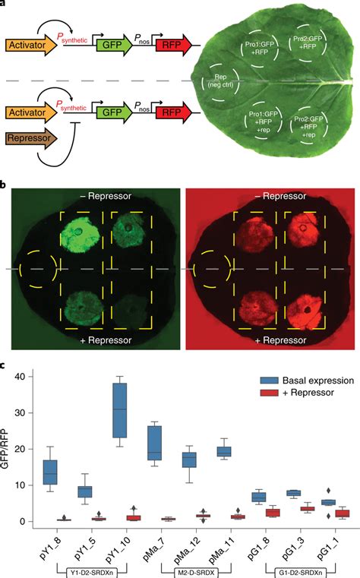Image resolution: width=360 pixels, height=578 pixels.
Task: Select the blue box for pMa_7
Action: click(154, 443)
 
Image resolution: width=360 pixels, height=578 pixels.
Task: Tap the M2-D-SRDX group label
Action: click(190, 571)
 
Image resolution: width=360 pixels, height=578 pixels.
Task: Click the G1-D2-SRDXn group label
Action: click(295, 571)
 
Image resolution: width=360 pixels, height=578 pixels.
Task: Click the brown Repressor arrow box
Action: click(30, 141)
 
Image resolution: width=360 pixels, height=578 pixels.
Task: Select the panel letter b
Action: click(5, 185)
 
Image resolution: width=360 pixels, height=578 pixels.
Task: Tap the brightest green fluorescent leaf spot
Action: click(85, 227)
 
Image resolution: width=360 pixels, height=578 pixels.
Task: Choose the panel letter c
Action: click(5, 366)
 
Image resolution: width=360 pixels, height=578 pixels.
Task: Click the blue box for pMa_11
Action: click(224, 452)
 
